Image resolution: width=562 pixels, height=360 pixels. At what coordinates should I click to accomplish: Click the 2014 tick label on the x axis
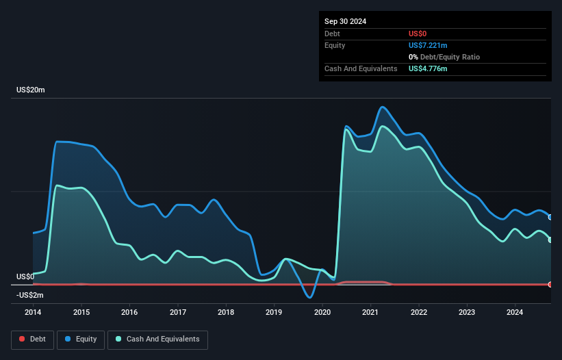[x=33, y=312]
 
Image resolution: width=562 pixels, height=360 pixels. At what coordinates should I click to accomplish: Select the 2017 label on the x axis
[x=177, y=312]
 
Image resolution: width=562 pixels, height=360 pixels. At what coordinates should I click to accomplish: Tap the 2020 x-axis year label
[x=322, y=312]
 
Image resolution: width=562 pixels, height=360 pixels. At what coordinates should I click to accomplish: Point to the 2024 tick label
[x=515, y=312]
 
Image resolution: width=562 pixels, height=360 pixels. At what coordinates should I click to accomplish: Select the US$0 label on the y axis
[x=25, y=277]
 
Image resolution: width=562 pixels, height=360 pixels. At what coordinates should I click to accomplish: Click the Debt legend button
[x=32, y=339]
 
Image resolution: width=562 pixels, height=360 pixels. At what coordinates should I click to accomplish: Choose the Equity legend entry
[x=80, y=339]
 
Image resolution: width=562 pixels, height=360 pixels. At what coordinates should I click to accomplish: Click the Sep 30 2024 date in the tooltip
[x=345, y=21]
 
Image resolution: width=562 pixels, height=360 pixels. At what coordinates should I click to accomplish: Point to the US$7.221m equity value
[x=428, y=45]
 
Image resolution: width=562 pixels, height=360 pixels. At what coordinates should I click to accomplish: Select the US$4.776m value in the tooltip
[x=428, y=68]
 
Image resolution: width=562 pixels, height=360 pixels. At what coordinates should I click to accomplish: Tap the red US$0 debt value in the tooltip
[x=418, y=34]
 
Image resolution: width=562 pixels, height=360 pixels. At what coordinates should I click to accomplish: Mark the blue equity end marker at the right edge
[x=550, y=217]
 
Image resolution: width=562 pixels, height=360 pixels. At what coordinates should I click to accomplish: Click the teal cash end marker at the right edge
[x=550, y=240]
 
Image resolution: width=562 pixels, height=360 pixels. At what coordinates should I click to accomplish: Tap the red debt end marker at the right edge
[x=550, y=284]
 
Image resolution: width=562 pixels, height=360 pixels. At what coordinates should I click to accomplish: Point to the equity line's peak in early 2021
[x=382, y=107]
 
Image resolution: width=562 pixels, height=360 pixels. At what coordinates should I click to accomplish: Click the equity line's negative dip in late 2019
[x=310, y=298]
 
